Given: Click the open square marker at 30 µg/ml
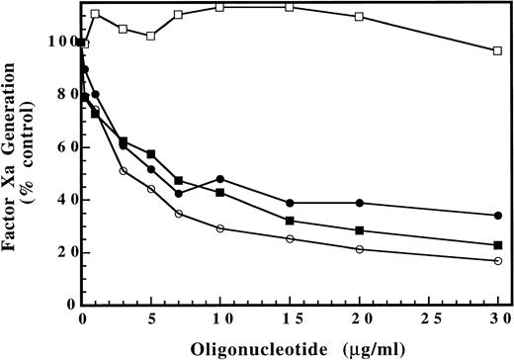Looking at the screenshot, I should click(497, 50).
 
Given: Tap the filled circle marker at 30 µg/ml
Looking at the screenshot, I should click(497, 216).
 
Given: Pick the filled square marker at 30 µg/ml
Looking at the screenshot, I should click(497, 245).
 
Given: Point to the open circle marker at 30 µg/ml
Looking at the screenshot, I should click(497, 261).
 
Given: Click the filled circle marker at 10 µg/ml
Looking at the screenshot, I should click(219, 179).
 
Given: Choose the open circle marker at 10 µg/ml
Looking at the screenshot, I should click(219, 228).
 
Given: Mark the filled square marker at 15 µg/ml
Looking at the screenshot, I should click(289, 221).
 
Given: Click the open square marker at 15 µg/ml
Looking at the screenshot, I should click(289, 7).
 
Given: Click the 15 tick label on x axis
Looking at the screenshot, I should click(289, 320).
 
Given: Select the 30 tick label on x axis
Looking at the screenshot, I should click(497, 320).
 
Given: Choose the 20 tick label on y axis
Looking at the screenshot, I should click(63, 252).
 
